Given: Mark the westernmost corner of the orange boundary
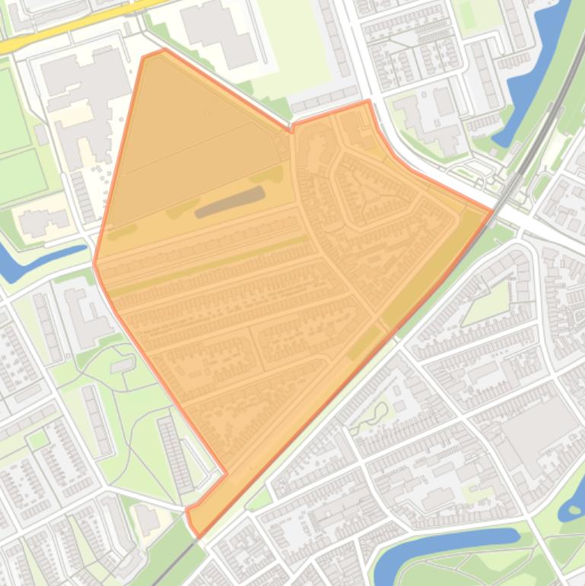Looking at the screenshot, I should [x=94, y=263].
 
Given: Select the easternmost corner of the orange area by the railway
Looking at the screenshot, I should [x=492, y=210].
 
